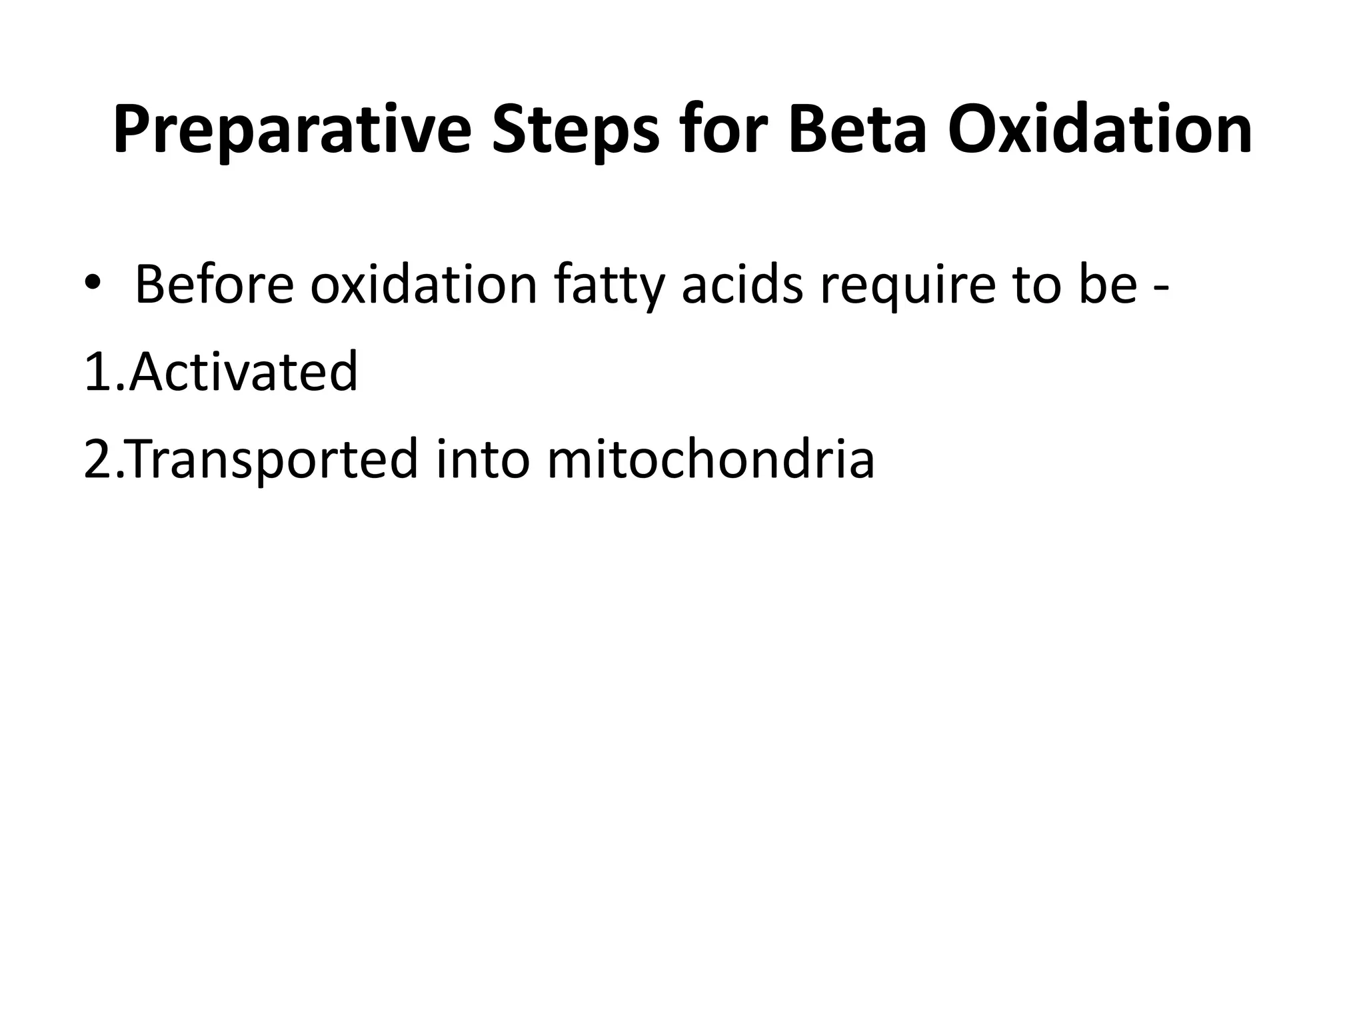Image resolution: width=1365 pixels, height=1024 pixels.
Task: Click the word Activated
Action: pos(243,371)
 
